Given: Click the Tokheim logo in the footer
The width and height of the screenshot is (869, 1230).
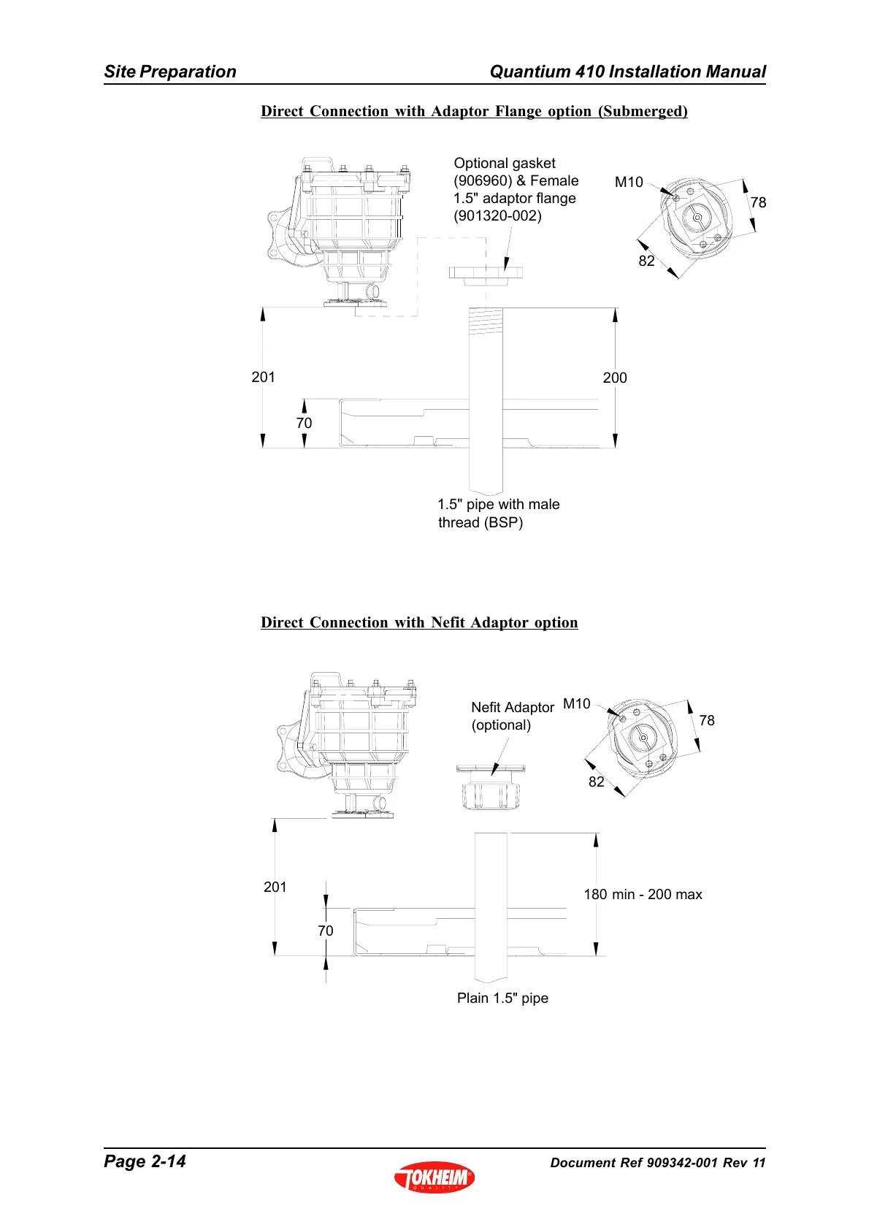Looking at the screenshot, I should pyautogui.click(x=434, y=1176).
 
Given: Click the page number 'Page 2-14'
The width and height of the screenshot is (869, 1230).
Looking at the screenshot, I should pyautogui.click(x=145, y=1161).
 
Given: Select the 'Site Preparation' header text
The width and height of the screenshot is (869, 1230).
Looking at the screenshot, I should pyautogui.click(x=170, y=72).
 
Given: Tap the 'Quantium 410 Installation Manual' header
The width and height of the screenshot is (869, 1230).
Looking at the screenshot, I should pyautogui.click(x=627, y=72).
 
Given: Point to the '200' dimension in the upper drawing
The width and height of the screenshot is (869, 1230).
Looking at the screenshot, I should pyautogui.click(x=615, y=378).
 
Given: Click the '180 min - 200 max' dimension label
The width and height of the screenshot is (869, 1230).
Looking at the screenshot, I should pyautogui.click(x=643, y=894).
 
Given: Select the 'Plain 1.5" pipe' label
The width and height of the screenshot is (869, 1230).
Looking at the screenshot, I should pyautogui.click(x=502, y=998).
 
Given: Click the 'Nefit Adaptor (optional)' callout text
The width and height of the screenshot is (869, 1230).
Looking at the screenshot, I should pyautogui.click(x=512, y=716).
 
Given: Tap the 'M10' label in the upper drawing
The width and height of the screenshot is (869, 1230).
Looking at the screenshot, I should pyautogui.click(x=629, y=182).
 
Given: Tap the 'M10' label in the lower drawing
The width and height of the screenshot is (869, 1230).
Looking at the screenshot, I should pyautogui.click(x=577, y=703).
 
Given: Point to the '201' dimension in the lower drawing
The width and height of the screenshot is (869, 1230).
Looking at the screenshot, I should pyautogui.click(x=275, y=887).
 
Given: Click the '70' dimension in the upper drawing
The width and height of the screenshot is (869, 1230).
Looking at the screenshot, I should pyautogui.click(x=304, y=423).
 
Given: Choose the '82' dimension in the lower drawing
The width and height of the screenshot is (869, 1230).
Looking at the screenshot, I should pyautogui.click(x=597, y=782).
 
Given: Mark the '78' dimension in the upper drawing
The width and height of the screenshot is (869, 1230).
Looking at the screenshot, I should pyautogui.click(x=759, y=202).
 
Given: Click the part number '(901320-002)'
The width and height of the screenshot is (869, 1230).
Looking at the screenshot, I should pyautogui.click(x=497, y=215).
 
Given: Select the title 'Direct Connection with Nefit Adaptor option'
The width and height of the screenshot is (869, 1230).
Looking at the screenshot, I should pyautogui.click(x=419, y=622).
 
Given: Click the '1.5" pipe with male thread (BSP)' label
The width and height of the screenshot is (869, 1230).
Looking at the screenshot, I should pyautogui.click(x=498, y=513).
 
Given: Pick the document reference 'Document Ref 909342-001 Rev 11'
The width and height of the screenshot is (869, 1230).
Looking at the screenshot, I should pyautogui.click(x=657, y=1163).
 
